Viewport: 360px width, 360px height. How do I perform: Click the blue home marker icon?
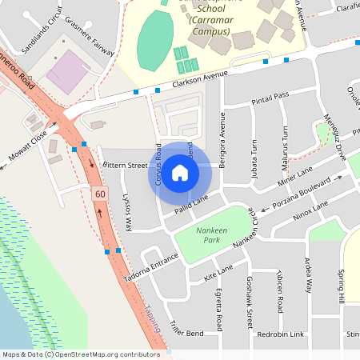pyautogui.click(x=180, y=171)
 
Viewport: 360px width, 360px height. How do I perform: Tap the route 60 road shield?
pyautogui.click(x=99, y=194)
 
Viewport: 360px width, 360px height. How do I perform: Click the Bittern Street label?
pyautogui.click(x=126, y=166)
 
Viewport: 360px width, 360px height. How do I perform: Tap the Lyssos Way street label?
pyautogui.click(x=126, y=211)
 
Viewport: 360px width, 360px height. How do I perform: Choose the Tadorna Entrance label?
pyautogui.click(x=149, y=269)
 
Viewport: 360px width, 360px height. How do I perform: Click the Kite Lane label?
pyautogui.click(x=218, y=274)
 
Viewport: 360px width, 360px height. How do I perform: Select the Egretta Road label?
pyautogui.click(x=218, y=309)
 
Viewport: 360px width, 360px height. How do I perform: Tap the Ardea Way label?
pyautogui.click(x=308, y=277)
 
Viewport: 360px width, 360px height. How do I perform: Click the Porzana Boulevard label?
pyautogui.click(x=302, y=194)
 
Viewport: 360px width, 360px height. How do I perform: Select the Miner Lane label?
pyautogui.click(x=295, y=178)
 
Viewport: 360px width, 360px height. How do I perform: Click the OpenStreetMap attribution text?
pyautogui.click(x=81, y=354)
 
